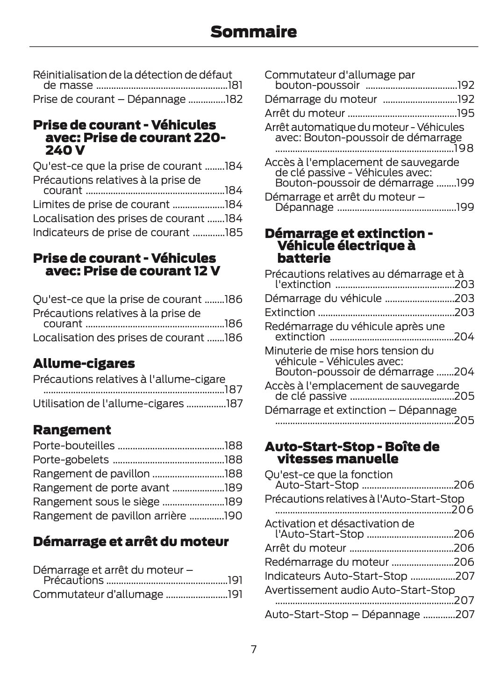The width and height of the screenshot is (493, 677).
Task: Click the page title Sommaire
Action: point(253,32)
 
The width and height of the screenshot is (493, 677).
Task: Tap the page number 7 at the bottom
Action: point(253,649)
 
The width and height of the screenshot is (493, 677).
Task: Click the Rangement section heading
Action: point(71,430)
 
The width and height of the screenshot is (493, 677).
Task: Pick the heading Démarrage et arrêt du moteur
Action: point(131,541)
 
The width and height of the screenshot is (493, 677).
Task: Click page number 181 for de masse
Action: point(235,86)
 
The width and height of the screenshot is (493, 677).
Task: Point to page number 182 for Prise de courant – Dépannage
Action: point(234,100)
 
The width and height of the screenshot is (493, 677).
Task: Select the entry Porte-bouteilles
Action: point(73,446)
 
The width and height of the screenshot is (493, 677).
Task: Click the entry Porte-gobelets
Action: point(71,460)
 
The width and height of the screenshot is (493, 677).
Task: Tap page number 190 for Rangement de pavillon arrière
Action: point(234,516)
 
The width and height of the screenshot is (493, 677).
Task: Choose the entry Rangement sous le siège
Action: point(96,502)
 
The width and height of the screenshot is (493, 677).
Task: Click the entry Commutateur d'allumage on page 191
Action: point(98,594)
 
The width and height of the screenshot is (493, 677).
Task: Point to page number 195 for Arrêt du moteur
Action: point(465,114)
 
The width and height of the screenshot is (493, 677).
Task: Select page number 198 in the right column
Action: point(464,149)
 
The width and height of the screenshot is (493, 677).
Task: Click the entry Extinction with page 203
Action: point(290,312)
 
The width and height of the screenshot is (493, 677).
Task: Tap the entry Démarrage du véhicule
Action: point(323,298)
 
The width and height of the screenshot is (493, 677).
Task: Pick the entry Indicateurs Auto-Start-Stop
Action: point(336,576)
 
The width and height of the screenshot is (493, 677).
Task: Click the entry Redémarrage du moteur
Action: point(326,562)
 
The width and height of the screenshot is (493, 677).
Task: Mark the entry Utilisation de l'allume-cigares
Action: point(108,403)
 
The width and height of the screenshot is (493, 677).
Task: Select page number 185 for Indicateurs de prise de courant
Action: point(234,232)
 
